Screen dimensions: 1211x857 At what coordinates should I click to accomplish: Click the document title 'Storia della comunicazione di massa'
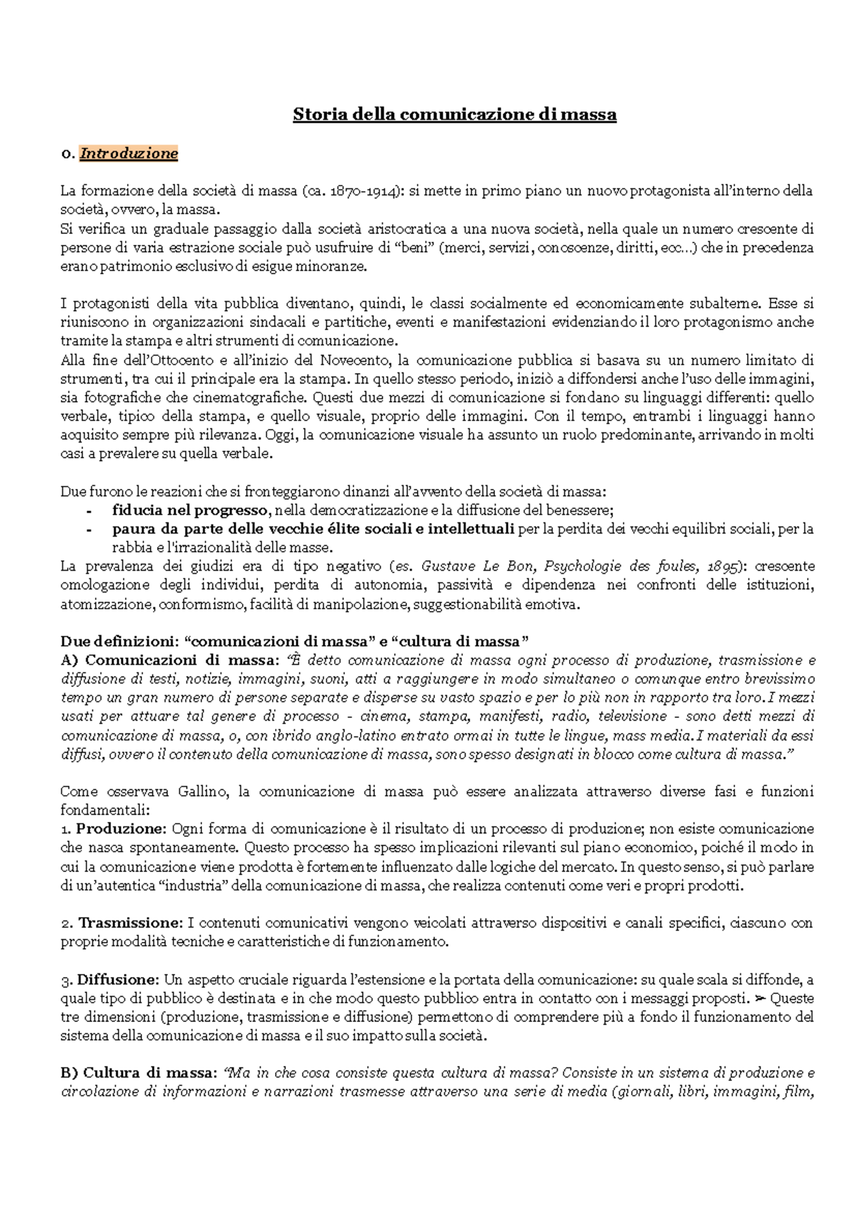tap(454, 115)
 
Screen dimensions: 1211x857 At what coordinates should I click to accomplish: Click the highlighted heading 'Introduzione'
tap(129, 153)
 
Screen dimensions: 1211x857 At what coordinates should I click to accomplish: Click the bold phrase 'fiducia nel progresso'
tap(189, 510)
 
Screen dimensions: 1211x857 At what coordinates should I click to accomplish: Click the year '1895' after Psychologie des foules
tap(721, 567)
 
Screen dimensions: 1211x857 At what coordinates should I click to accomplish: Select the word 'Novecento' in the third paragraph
tap(354, 360)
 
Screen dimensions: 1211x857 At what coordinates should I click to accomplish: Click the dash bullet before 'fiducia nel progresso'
tap(89, 511)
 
